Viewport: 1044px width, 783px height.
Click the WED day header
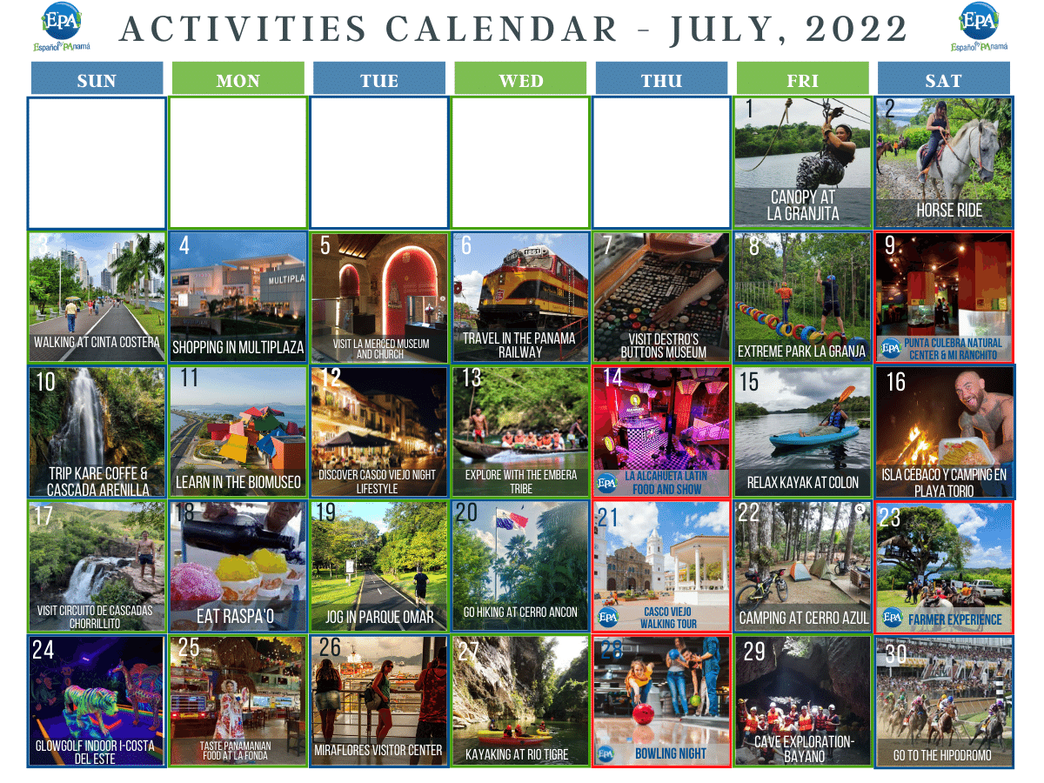coord(521,81)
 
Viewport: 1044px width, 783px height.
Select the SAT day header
coord(943,81)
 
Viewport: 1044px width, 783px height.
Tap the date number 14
coord(612,378)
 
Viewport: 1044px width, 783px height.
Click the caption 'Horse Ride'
coord(948,211)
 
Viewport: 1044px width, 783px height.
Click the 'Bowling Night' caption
coord(670,753)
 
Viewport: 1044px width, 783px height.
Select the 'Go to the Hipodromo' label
coord(942,755)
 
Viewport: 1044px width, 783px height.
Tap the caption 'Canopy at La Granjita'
coord(802,205)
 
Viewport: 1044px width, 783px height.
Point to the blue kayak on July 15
coord(801,435)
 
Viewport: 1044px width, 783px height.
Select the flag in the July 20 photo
coord(512,520)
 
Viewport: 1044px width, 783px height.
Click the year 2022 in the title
coord(857,30)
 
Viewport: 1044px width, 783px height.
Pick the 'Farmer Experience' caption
coord(954,619)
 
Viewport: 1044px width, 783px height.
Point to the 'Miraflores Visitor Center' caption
coord(378,750)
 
